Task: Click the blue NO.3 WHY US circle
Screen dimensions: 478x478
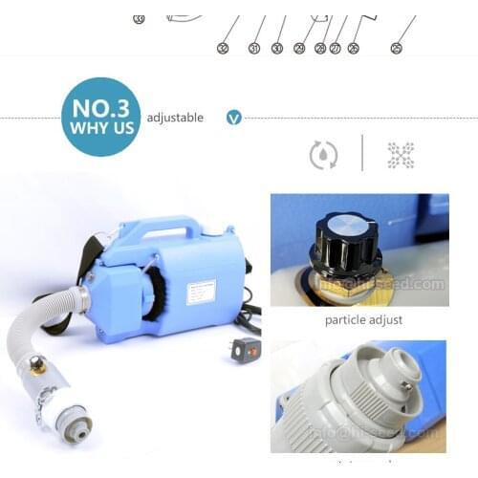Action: point(100,117)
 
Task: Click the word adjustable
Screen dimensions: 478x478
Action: point(174,118)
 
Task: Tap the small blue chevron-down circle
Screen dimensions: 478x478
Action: point(232,118)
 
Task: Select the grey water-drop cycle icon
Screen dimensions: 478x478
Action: point(322,155)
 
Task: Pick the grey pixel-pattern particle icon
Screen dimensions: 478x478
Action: point(401,155)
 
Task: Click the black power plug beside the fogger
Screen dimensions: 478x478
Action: point(246,349)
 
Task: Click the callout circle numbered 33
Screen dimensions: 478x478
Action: point(139,17)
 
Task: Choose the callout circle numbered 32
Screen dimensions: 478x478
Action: point(223,47)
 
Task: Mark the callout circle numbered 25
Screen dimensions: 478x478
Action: point(396,47)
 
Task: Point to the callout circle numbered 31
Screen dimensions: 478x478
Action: point(254,47)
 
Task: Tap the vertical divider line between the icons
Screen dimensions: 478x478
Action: point(362,153)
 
